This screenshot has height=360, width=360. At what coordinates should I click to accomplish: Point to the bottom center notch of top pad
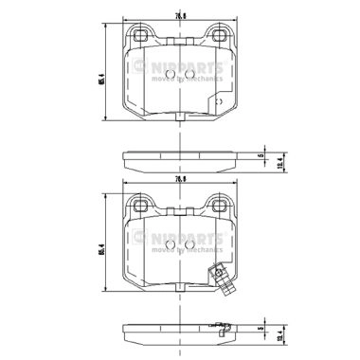point(179,115)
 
